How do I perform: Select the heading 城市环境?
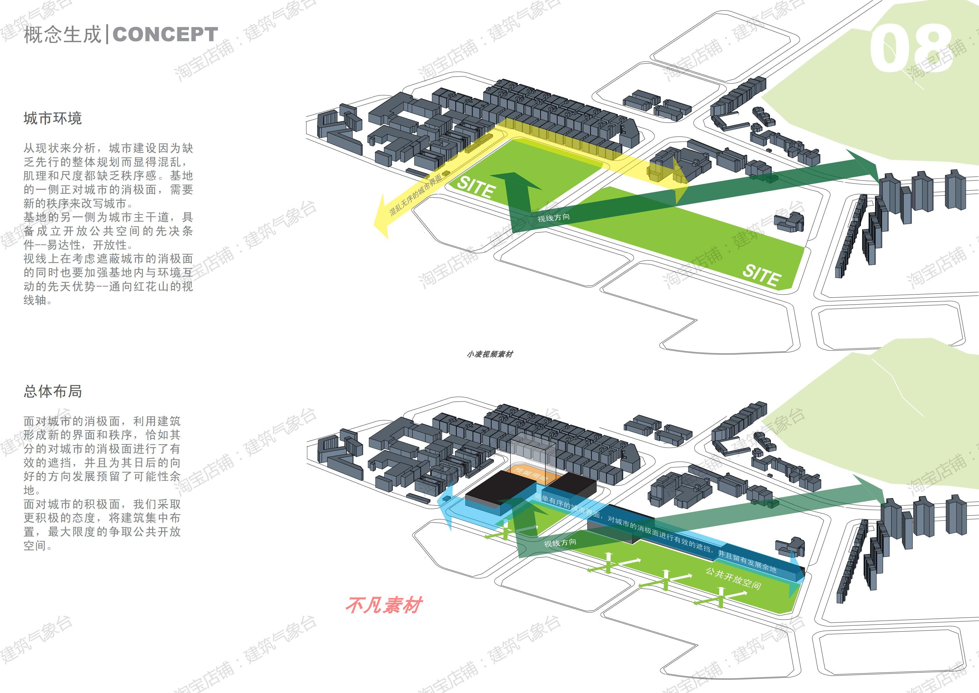(x=52, y=118)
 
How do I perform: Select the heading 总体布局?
(x=52, y=391)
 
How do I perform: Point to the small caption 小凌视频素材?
(x=490, y=354)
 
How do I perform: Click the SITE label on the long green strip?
(x=761, y=275)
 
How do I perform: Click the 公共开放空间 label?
(x=733, y=579)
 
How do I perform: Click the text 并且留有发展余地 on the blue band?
(x=747, y=561)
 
